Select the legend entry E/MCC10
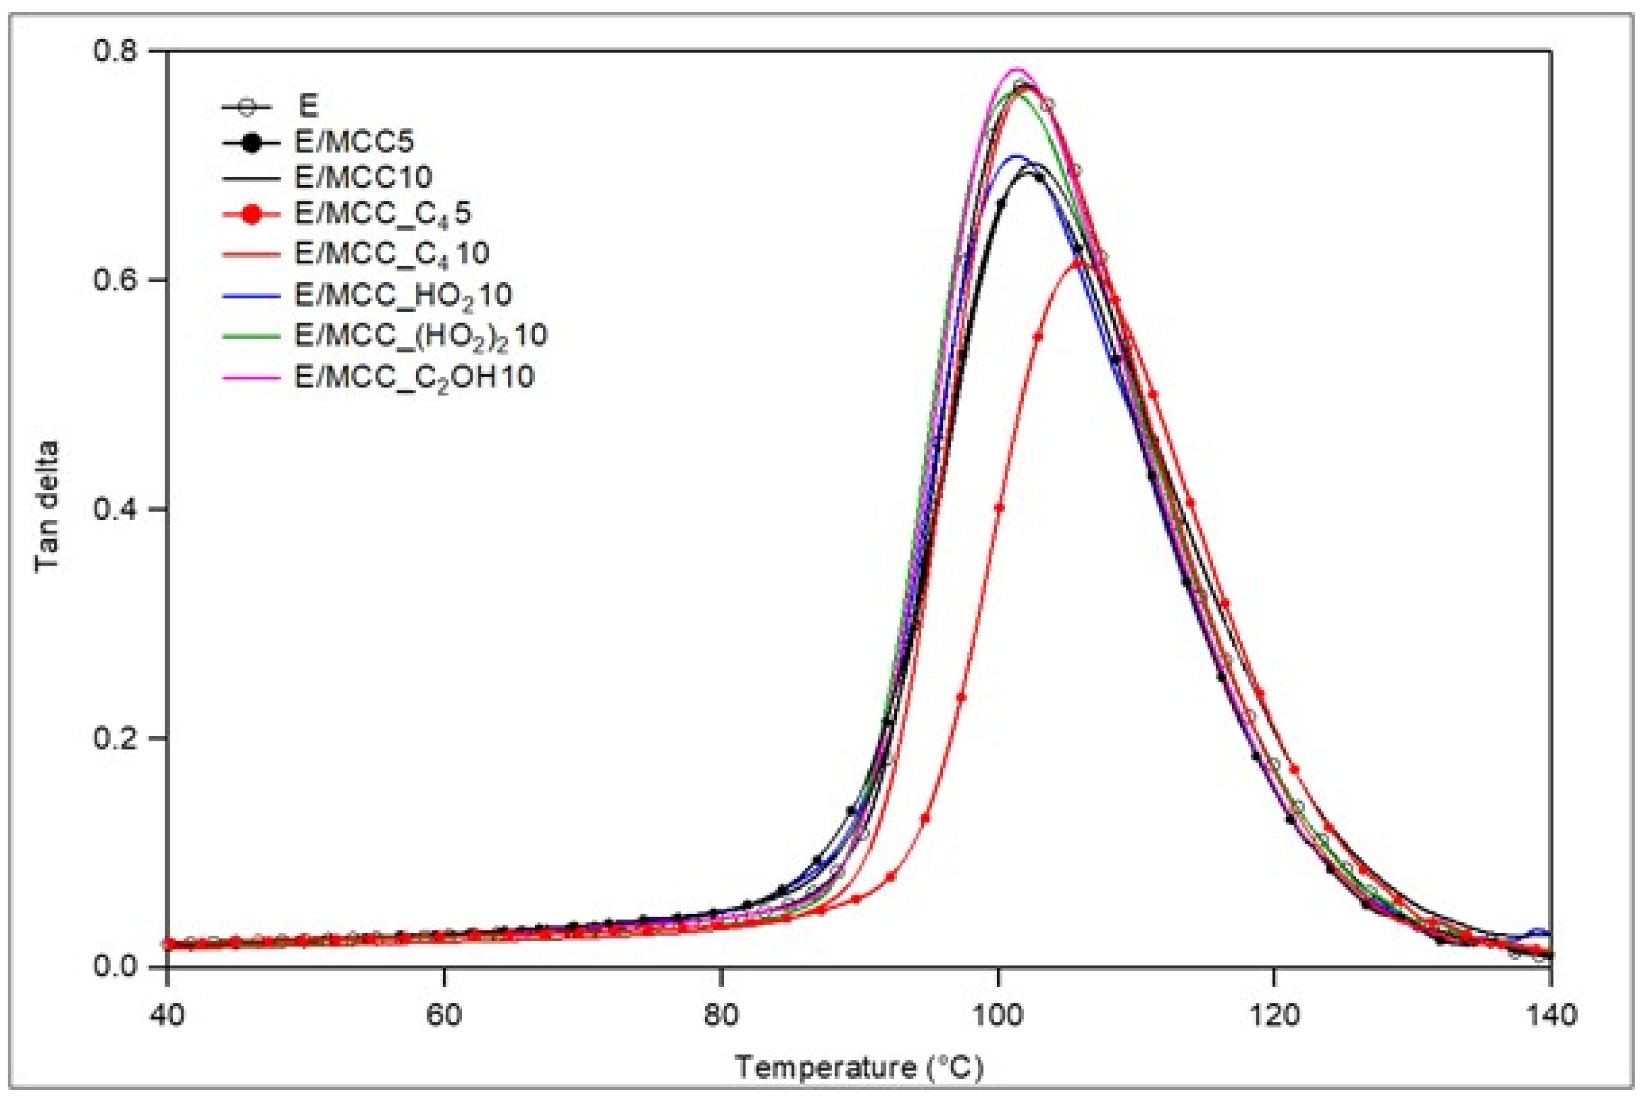coord(363,178)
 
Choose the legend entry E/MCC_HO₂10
coord(403,294)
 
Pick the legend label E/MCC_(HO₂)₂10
coord(421,335)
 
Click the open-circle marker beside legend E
coord(245,108)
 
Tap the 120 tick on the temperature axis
coord(1273,1014)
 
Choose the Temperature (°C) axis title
coord(859,1067)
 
